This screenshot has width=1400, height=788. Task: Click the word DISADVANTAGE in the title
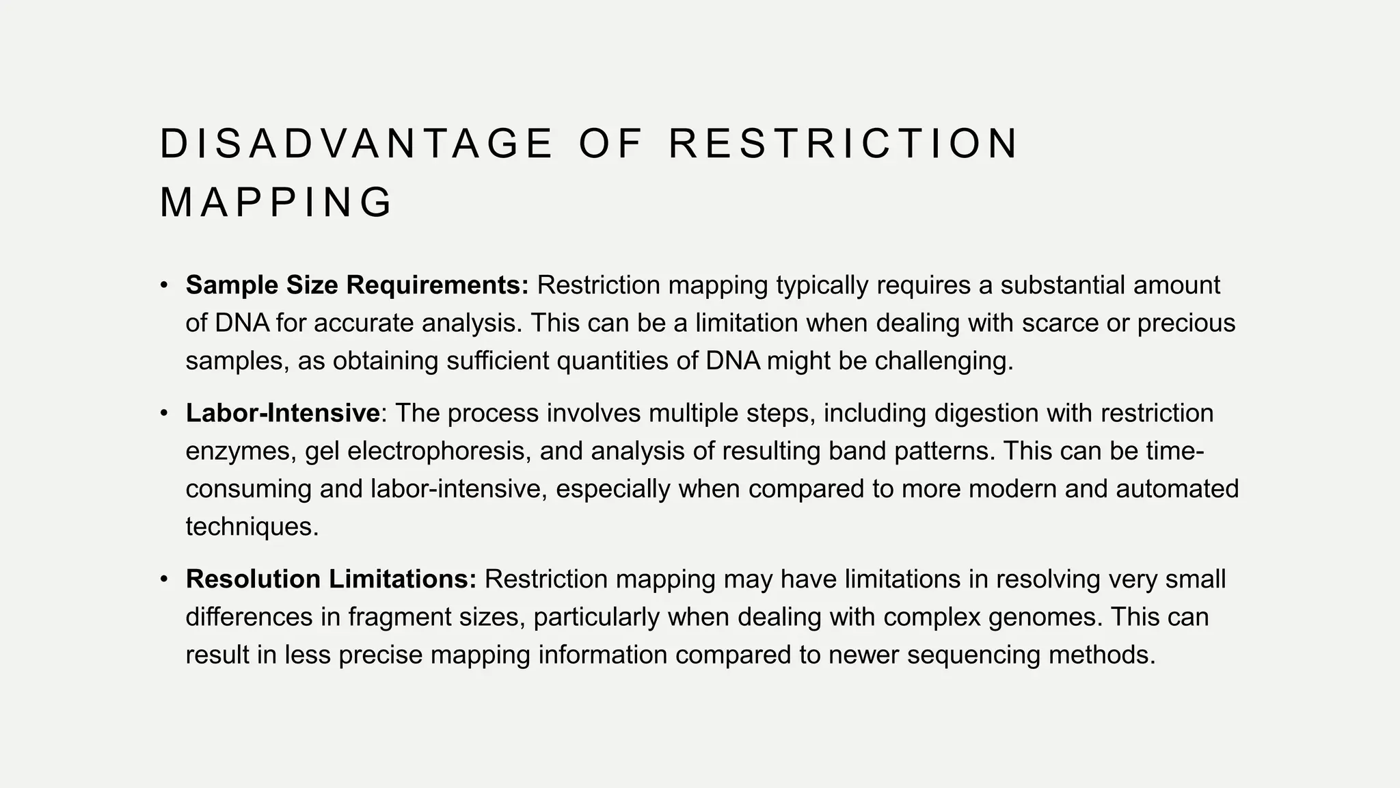tap(355, 144)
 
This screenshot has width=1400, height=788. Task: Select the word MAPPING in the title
tap(275, 203)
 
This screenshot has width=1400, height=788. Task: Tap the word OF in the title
tap(610, 144)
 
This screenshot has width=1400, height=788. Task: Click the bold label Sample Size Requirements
tap(357, 285)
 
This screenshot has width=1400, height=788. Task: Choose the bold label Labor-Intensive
tap(282, 413)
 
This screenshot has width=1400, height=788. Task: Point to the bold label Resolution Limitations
tap(331, 579)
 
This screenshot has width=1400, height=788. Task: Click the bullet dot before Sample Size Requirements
tap(164, 285)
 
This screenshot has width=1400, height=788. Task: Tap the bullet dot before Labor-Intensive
tap(164, 413)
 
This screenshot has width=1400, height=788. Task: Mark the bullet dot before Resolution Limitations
tap(164, 579)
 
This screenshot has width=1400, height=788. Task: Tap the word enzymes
tap(240, 451)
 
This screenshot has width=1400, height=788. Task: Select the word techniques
tap(251, 527)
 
